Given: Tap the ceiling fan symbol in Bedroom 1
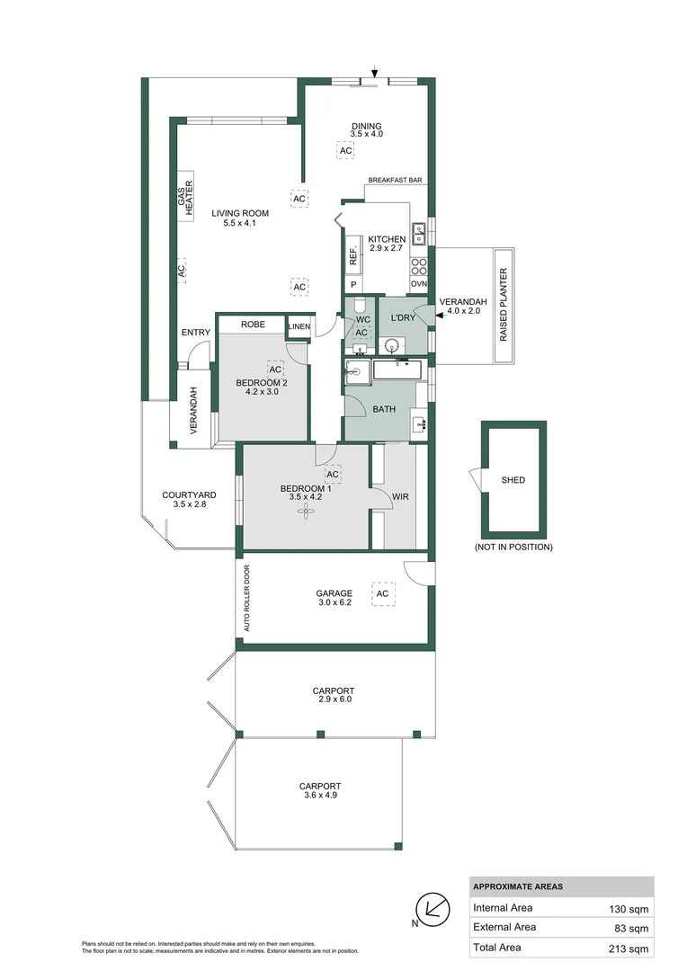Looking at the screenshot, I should coord(308,511).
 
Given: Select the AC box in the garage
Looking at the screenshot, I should coord(382,593).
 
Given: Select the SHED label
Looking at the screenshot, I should coord(513,480).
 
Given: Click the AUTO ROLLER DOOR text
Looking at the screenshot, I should coord(247,597).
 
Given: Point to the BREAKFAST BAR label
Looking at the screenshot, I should coord(396,181).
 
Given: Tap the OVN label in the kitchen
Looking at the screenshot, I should coord(418,284).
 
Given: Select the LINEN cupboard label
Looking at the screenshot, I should coord(299,326).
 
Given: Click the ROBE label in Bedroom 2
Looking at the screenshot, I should coord(253,324).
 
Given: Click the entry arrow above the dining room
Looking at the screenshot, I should coord(375,73).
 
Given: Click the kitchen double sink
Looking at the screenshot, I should coord(419,234).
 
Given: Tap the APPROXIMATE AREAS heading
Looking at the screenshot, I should coord(518,886).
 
